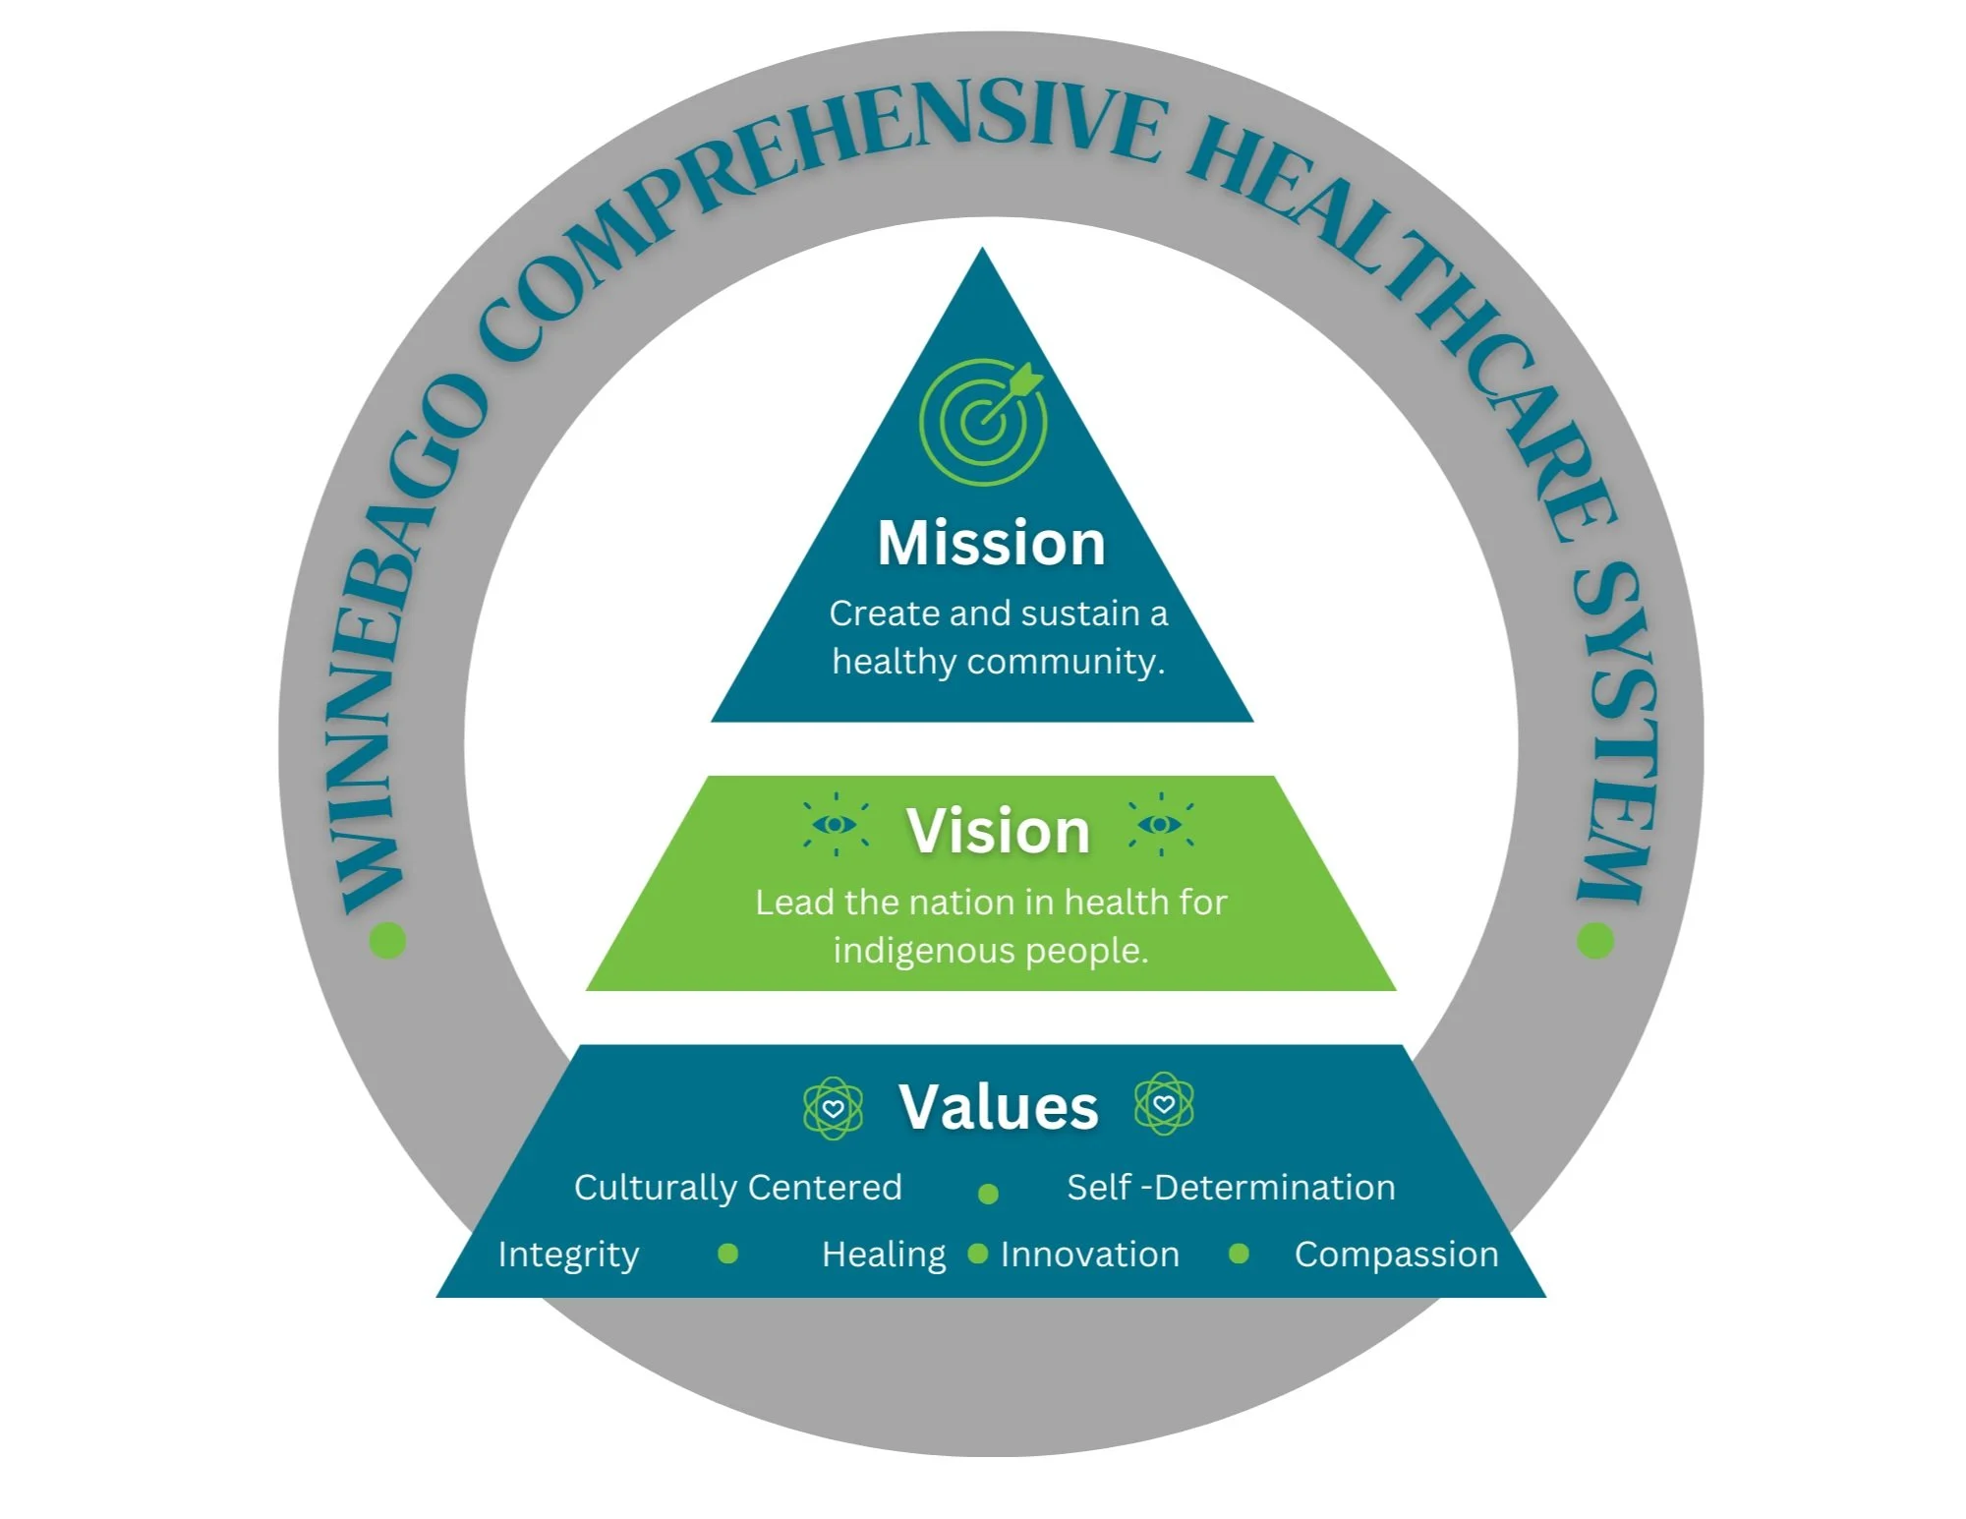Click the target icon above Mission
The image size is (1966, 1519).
pos(983,421)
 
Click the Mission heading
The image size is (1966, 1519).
pos(991,543)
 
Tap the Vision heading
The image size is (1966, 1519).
pos(998,831)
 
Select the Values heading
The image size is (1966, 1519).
pos(998,1107)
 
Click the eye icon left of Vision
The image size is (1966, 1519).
pos(836,824)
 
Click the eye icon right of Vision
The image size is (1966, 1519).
pos(1161,824)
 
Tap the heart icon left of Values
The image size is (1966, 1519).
pos(834,1108)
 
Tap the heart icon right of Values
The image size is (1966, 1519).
pos(1164,1104)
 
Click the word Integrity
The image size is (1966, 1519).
pos(568,1256)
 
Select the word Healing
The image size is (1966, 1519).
pos(884,1255)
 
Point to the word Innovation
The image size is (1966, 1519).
pos(1089,1255)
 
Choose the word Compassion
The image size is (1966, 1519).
pos(1396,1255)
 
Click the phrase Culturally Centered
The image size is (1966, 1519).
pos(737,1188)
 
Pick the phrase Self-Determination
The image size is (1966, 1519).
pos(1231,1188)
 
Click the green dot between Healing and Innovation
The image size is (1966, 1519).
pos(977,1254)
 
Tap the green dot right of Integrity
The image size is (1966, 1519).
pos(727,1254)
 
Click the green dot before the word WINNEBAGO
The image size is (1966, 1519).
pos(387,940)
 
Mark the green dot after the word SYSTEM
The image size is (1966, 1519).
pos(1594,940)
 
